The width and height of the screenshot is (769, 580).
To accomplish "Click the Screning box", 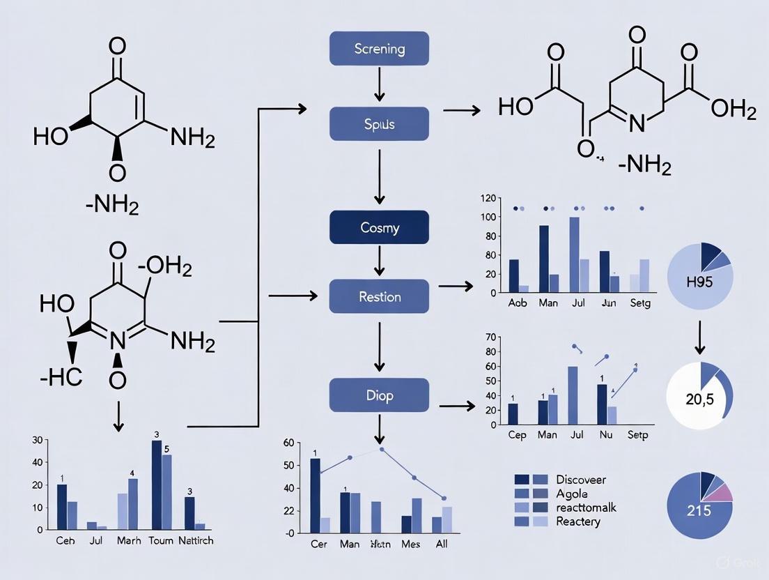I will [x=379, y=49].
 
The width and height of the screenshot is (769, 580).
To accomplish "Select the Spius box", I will [x=379, y=124].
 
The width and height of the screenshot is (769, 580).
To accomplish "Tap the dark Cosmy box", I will [x=379, y=228].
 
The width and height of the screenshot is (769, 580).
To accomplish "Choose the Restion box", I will [x=379, y=296].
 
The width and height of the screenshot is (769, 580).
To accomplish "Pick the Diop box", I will [x=379, y=395].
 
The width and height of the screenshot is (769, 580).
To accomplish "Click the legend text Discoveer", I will [x=581, y=480].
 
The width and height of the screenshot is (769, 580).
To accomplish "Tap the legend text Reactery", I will [x=578, y=521].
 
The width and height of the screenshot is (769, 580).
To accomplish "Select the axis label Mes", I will [x=412, y=544].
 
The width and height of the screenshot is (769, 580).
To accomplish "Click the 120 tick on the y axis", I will [x=488, y=199].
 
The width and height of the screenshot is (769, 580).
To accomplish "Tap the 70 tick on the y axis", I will [x=488, y=337].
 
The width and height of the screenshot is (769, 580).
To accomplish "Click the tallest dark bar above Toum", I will [x=157, y=484].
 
